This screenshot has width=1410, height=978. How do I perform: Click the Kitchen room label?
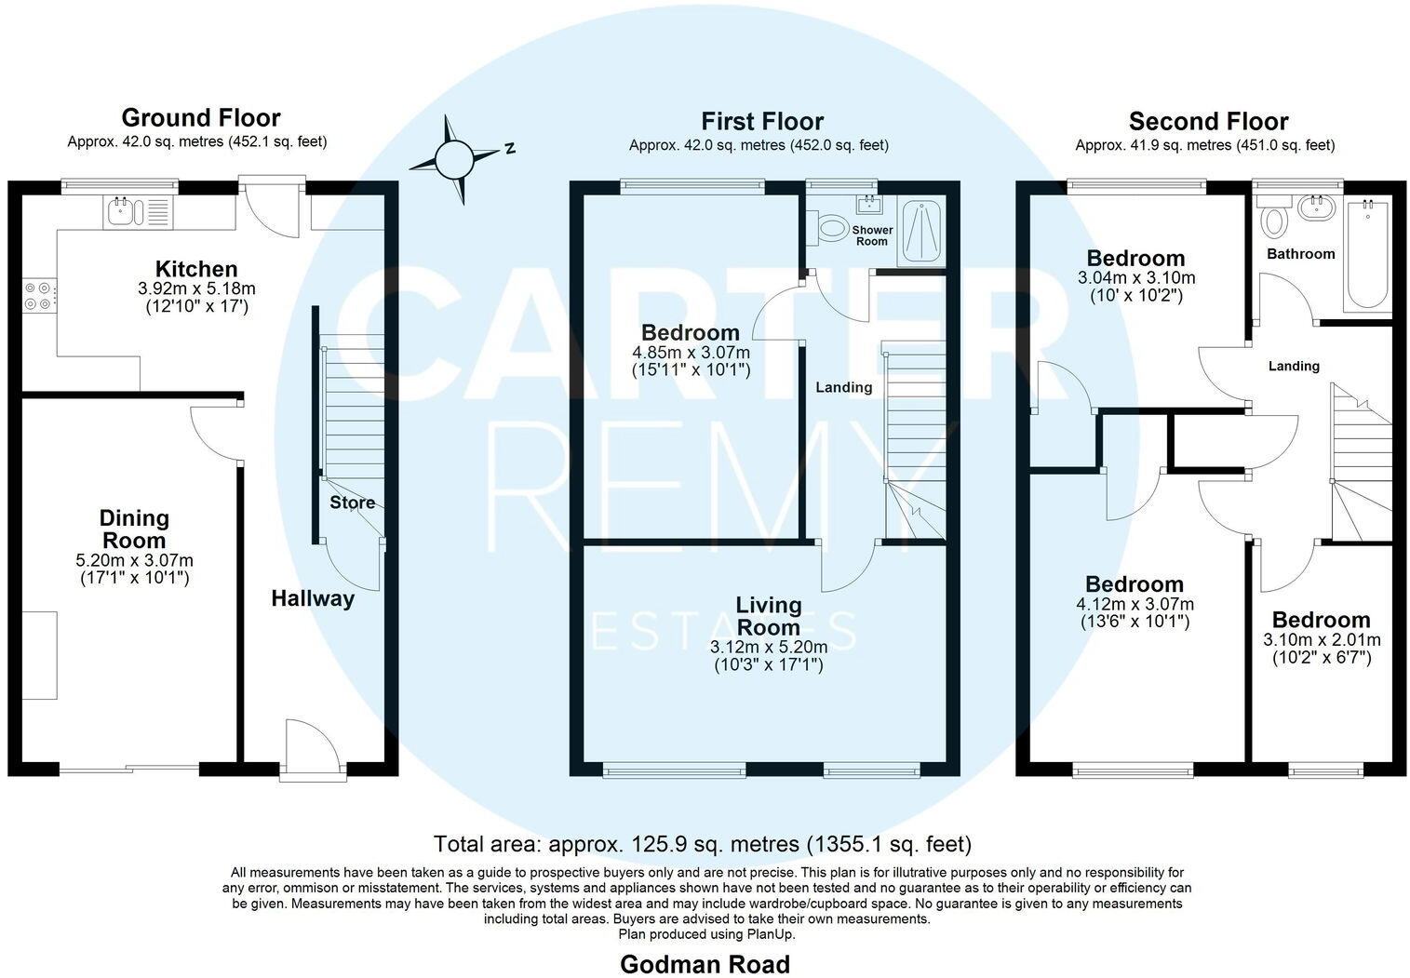pyautogui.click(x=196, y=270)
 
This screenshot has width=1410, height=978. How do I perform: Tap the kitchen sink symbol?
pyautogui.click(x=122, y=212)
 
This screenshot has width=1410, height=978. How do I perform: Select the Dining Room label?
pyautogui.click(x=134, y=529)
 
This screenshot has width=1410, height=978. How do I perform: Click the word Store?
pyautogui.click(x=352, y=502)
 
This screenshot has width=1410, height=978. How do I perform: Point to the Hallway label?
pyautogui.click(x=313, y=598)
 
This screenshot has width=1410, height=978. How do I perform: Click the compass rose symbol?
pyautogui.click(x=456, y=159)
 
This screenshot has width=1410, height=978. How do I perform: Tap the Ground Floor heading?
pyautogui.click(x=200, y=118)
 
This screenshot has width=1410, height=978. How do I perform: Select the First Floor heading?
pyautogui.click(x=762, y=121)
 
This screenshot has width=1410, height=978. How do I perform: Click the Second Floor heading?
pyautogui.click(x=1208, y=121)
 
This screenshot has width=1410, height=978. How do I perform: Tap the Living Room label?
pyautogui.click(x=768, y=616)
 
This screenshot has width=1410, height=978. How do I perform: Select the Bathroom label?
pyautogui.click(x=1300, y=253)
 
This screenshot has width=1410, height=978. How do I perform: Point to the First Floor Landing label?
pyautogui.click(x=844, y=387)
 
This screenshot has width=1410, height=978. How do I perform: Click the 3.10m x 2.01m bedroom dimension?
pyautogui.click(x=1321, y=640)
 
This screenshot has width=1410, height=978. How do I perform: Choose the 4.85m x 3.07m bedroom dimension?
pyautogui.click(x=691, y=353)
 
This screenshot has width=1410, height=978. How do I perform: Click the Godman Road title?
pyautogui.click(x=705, y=964)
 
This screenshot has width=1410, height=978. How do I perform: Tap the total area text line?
pyautogui.click(x=703, y=844)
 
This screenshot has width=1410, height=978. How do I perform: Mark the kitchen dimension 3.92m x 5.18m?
pyautogui.click(x=196, y=289)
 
